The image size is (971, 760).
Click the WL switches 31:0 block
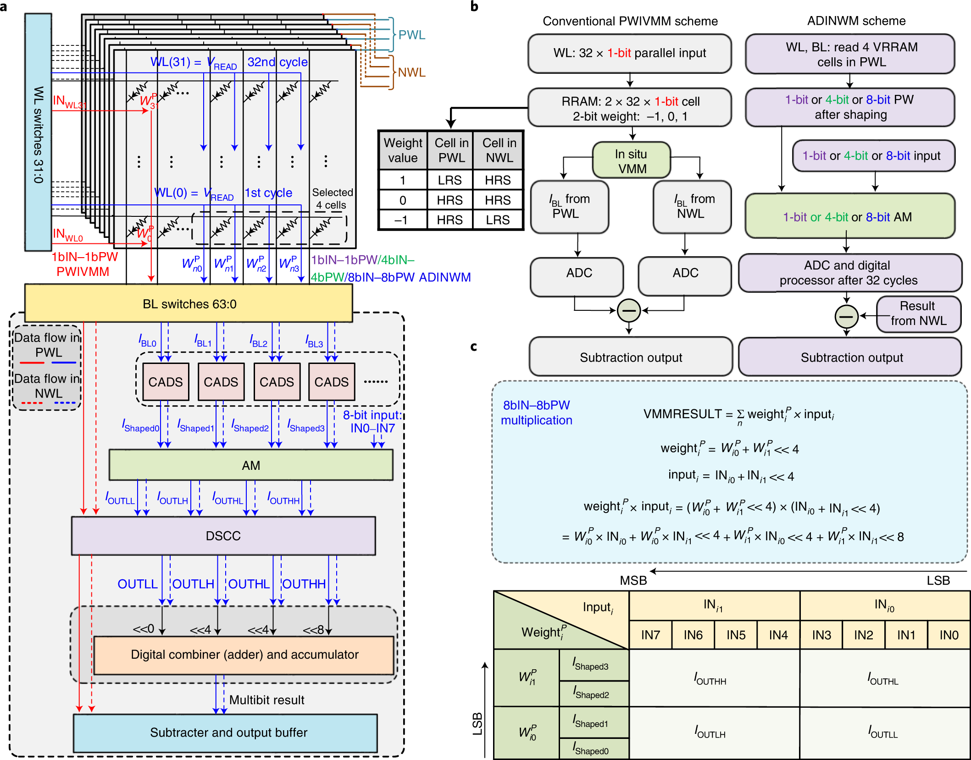(38, 133)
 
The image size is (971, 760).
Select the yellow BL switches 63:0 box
(189, 303)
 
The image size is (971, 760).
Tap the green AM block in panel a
(250, 465)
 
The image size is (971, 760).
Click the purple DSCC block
(223, 536)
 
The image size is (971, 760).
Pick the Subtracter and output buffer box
(226, 732)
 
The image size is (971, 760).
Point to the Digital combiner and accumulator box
(244, 655)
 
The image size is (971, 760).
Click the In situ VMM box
(632, 161)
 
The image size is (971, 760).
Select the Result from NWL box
(918, 314)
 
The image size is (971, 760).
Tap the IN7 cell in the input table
(650, 635)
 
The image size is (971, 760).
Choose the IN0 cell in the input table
(949, 635)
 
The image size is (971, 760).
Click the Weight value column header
(403, 150)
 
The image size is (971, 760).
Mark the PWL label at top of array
(411, 35)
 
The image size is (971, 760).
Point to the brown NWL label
(411, 72)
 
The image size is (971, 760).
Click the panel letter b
(474, 6)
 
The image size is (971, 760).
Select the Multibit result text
(266, 700)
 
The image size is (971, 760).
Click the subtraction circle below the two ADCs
(629, 311)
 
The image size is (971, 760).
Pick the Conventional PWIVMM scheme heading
(630, 21)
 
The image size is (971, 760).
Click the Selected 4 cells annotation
(332, 198)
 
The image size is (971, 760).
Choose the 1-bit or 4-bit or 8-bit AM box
(849, 216)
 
